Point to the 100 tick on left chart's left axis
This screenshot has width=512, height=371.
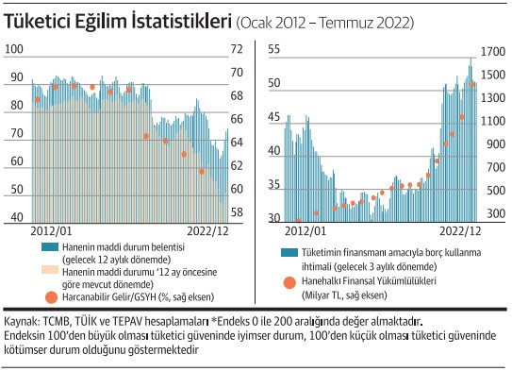pyautogui.click(x=16, y=50)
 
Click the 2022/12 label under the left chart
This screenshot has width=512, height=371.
pyautogui.click(x=205, y=228)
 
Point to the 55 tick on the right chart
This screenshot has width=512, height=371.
pyautogui.click(x=274, y=48)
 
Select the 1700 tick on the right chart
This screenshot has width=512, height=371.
pyautogui.click(x=491, y=48)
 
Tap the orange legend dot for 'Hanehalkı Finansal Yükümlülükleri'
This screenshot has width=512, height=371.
pyautogui.click(x=290, y=280)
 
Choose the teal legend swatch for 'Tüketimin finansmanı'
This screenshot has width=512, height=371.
pyautogui.click(x=290, y=252)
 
